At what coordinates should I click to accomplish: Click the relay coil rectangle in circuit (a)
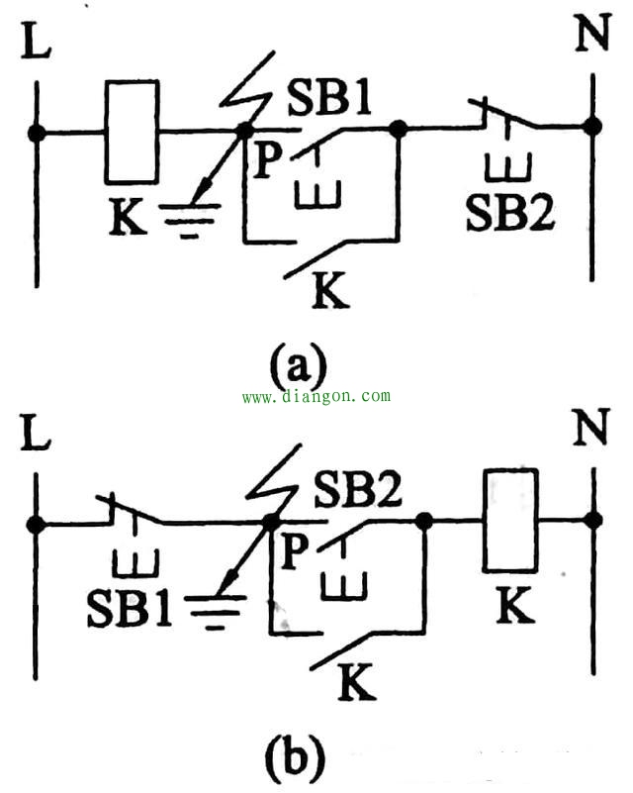click(132, 132)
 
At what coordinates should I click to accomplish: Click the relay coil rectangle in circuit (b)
click(510, 520)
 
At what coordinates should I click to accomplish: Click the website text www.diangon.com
click(316, 396)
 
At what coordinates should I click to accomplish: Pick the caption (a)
click(298, 367)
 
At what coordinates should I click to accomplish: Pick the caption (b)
click(295, 756)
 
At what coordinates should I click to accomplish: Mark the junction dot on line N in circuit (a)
click(592, 127)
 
